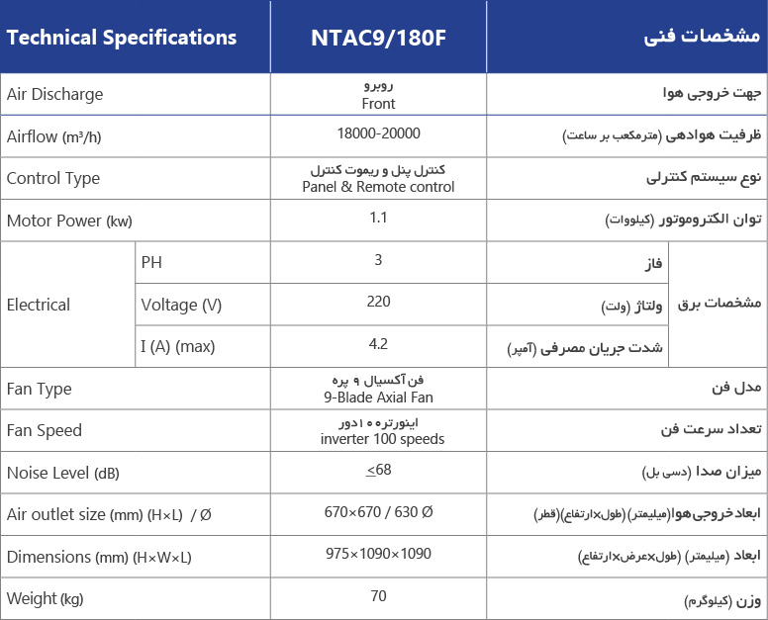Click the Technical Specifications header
pyautogui.click(x=122, y=38)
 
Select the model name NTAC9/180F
pyautogui.click(x=379, y=38)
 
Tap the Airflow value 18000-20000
pyautogui.click(x=379, y=133)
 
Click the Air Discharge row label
pyautogui.click(x=55, y=95)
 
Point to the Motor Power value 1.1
pyautogui.click(x=379, y=218)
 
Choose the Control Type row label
pyautogui.click(x=53, y=179)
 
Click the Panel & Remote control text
pyautogui.click(x=379, y=187)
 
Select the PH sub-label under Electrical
pyautogui.click(x=151, y=262)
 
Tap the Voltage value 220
pyautogui.click(x=379, y=302)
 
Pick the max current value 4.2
pyautogui.click(x=379, y=344)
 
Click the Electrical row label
pyautogui.click(x=39, y=305)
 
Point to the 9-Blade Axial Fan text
pyautogui.click(x=379, y=398)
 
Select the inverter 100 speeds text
pyautogui.click(x=382, y=439)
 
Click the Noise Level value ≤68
pyautogui.click(x=379, y=470)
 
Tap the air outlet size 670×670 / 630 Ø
pyautogui.click(x=379, y=512)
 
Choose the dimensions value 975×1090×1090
pyautogui.click(x=379, y=554)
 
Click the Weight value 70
pyautogui.click(x=379, y=596)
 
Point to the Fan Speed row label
pyautogui.click(x=45, y=431)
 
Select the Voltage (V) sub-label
pyautogui.click(x=182, y=305)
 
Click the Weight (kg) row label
pyautogui.click(x=46, y=599)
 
